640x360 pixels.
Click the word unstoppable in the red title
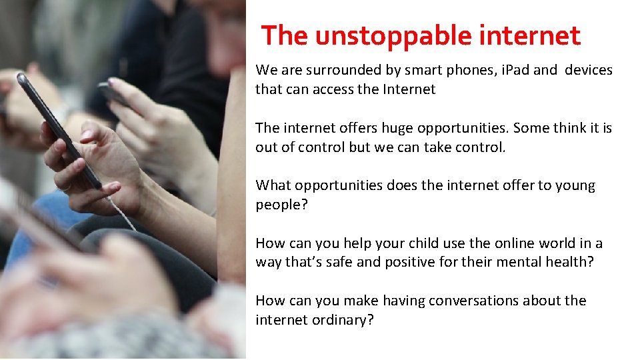[x=382, y=36]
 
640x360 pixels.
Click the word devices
[x=589, y=70]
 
